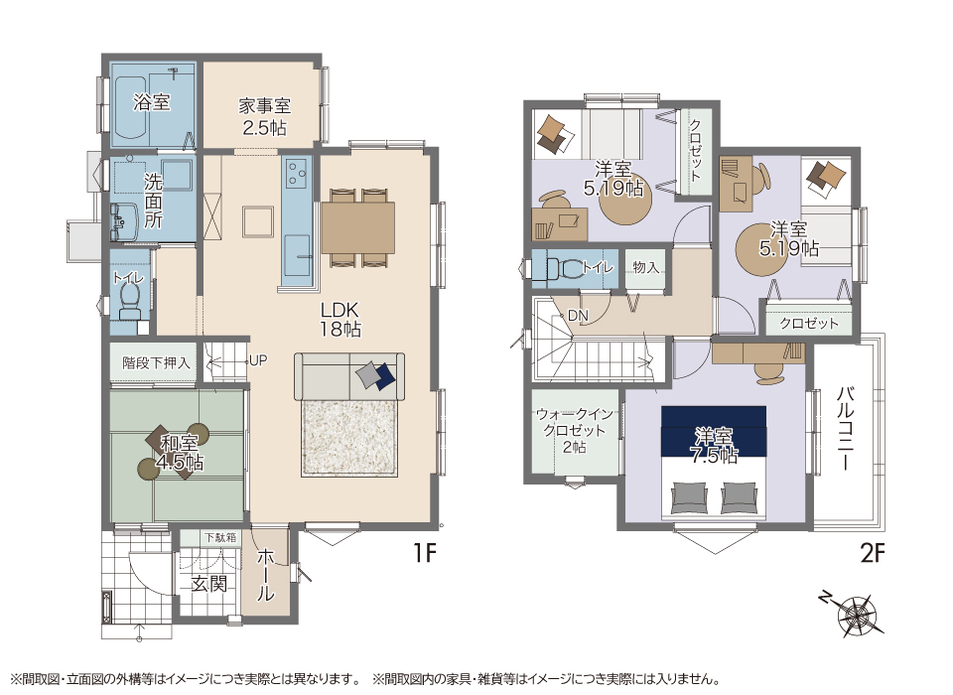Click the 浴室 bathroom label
151,102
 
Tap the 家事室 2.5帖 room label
264,117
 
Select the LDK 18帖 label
340,320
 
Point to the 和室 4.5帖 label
180,453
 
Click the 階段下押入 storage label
156,363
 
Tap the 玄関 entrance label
209,584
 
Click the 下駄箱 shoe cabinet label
220,537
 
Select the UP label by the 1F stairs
258,360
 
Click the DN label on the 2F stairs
578,316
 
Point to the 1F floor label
425,553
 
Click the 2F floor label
873,553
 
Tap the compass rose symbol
856,615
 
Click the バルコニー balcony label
846,428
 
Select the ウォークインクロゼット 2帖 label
575,431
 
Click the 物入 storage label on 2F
645,267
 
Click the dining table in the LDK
358,227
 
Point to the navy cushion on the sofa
385,376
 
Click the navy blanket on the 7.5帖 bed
714,432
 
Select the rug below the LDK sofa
349,439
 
